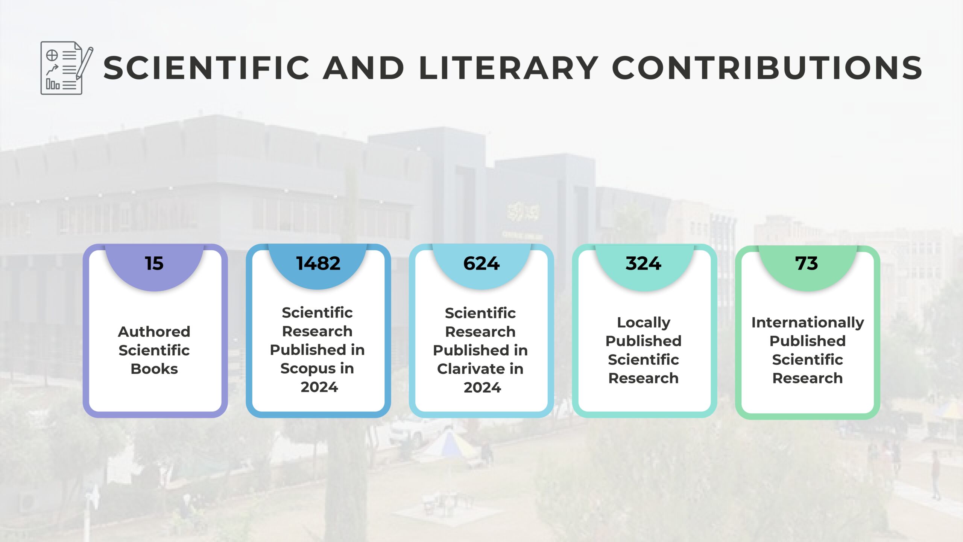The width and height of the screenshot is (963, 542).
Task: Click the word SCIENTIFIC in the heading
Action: click(206, 68)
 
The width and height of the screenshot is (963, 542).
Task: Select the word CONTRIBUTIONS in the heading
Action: click(767, 68)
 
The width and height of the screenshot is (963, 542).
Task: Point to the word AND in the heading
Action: click(363, 68)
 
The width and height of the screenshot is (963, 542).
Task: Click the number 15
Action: click(154, 263)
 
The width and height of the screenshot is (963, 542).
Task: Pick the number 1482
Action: click(318, 263)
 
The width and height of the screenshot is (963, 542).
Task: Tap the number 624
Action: click(481, 263)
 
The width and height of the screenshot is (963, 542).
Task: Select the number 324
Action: click(643, 263)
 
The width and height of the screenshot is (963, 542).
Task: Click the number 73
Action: click(807, 263)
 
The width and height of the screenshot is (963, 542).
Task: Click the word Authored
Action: click(154, 332)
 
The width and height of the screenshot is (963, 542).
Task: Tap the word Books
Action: click(154, 369)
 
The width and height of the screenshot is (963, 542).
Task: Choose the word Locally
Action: click(644, 323)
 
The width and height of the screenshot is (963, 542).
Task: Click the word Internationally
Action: click(808, 323)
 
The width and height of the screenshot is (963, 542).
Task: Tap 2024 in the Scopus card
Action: click(319, 387)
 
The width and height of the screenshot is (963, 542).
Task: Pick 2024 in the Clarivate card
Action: click(482, 388)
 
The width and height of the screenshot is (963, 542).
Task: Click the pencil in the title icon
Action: click(85, 63)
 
